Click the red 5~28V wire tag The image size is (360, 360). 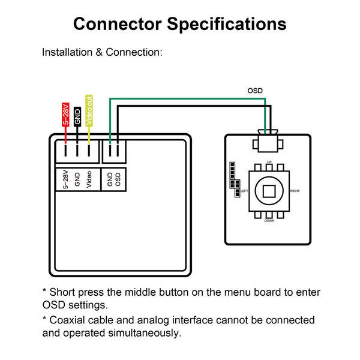click(65, 115)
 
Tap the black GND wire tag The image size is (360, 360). click(77, 116)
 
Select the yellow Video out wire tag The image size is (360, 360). click(89, 110)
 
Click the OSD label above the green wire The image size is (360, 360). click(255, 91)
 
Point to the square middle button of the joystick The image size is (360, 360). click(269, 191)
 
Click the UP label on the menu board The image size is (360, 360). click(269, 162)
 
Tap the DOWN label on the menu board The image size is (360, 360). click(269, 221)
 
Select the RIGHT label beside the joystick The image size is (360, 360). click(295, 191)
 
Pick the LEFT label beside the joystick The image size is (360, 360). click(244, 191)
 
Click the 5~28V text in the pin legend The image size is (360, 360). click(65, 179)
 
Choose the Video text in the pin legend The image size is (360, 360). click(89, 179)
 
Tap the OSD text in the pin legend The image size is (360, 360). click(118, 179)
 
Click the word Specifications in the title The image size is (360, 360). click(227, 25)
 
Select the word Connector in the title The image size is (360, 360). click(118, 24)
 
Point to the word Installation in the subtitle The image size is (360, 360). click(67, 52)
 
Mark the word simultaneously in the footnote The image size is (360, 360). click(145, 333)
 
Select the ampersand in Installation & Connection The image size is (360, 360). click(99, 52)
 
